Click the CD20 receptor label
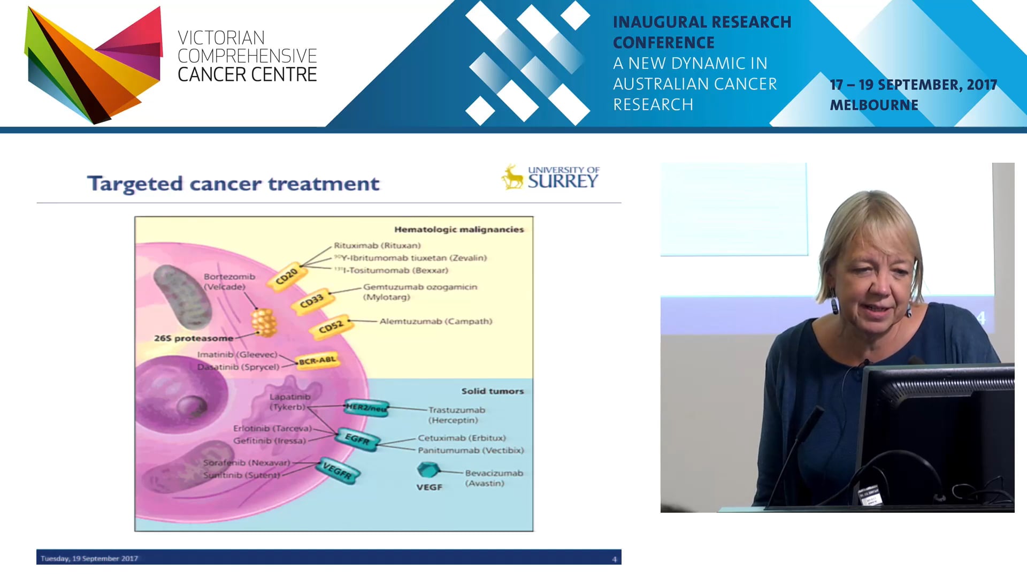pyautogui.click(x=287, y=276)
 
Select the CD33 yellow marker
pyautogui.click(x=311, y=301)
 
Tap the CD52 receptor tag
pyautogui.click(x=331, y=326)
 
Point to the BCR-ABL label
pyautogui.click(x=317, y=361)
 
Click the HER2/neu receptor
pyautogui.click(x=366, y=408)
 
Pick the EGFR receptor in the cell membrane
pyautogui.click(x=357, y=439)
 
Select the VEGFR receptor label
pyautogui.click(x=338, y=470)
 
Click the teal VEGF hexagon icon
pyautogui.click(x=428, y=470)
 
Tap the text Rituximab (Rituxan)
pyautogui.click(x=377, y=246)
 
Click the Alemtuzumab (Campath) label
pyautogui.click(x=435, y=321)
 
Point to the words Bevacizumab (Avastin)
pyautogui.click(x=493, y=478)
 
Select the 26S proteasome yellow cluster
pyautogui.click(x=264, y=322)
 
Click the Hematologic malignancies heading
pyautogui.click(x=458, y=230)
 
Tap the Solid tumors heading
pyautogui.click(x=492, y=391)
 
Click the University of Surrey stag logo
pyautogui.click(x=512, y=177)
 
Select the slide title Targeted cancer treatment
pyautogui.click(x=233, y=184)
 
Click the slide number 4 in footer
pyautogui.click(x=614, y=559)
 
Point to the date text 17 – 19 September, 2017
pyautogui.click(x=913, y=85)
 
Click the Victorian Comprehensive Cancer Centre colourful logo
pyautogui.click(x=94, y=64)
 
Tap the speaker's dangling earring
pyautogui.click(x=834, y=303)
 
